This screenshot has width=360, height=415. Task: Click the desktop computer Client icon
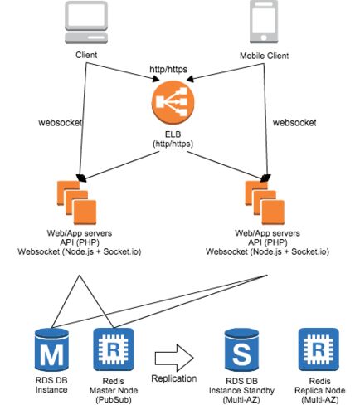pyautogui.click(x=86, y=22)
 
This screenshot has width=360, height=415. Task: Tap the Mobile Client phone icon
pyautogui.click(x=264, y=22)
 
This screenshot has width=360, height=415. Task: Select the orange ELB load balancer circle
pyautogui.click(x=173, y=102)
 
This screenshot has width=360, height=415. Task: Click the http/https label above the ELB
pyautogui.click(x=168, y=69)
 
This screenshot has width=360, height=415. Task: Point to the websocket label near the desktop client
pyautogui.click(x=61, y=122)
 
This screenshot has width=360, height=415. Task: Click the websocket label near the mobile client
pyautogui.click(x=294, y=122)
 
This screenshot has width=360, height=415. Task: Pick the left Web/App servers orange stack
pyautogui.click(x=76, y=203)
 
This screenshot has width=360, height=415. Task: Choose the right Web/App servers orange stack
pyautogui.click(x=265, y=203)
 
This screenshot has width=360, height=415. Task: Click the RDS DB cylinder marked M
pyautogui.click(x=51, y=350)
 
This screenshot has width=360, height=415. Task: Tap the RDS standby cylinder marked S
pyautogui.click(x=241, y=350)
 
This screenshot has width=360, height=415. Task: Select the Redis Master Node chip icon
pyautogui.click(x=114, y=349)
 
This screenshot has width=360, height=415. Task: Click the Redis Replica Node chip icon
pyautogui.click(x=319, y=349)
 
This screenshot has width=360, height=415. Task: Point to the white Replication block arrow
pyautogui.click(x=174, y=358)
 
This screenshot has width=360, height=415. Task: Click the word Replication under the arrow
pyautogui.click(x=174, y=378)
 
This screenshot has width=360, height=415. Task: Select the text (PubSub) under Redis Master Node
pyautogui.click(x=114, y=400)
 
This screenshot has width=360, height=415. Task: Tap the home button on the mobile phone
pyautogui.click(x=264, y=37)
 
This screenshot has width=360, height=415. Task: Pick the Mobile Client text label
pyautogui.click(x=264, y=56)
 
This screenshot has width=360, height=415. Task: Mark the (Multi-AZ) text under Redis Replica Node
pyautogui.click(x=320, y=400)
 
